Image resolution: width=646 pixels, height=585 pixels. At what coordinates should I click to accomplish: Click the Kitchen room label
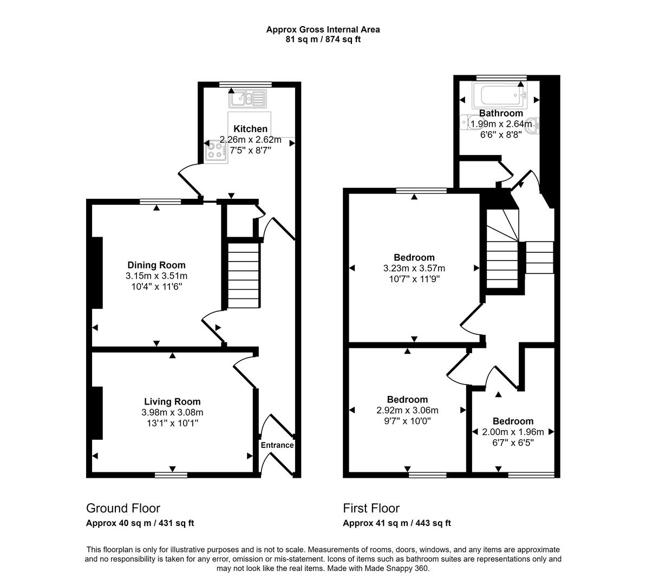pyautogui.click(x=250, y=129)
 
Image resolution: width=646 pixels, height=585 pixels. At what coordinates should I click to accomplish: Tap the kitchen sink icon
pyautogui.click(x=247, y=99)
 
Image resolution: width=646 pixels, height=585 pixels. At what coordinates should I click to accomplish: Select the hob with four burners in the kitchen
pyautogui.click(x=216, y=151)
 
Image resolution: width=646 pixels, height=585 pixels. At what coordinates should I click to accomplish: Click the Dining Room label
pyautogui.click(x=156, y=265)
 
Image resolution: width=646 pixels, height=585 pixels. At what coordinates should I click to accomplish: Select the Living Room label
pyautogui.click(x=172, y=402)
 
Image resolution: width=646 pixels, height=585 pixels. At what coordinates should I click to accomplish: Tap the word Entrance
pyautogui.click(x=277, y=445)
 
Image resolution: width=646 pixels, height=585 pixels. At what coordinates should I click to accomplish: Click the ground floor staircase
pyautogui.click(x=243, y=276)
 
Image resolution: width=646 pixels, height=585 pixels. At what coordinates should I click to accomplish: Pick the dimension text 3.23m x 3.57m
pyautogui.click(x=414, y=268)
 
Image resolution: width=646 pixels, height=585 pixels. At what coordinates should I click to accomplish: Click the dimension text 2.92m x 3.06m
pyautogui.click(x=407, y=411)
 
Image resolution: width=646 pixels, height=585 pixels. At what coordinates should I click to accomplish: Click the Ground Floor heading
pyautogui.click(x=123, y=508)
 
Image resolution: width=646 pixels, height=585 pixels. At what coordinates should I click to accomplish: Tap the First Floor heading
pyautogui.click(x=371, y=508)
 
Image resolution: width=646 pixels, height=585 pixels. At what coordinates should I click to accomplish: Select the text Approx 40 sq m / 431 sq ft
pyautogui.click(x=140, y=523)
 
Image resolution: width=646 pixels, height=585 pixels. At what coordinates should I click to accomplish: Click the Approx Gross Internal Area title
pyautogui.click(x=323, y=30)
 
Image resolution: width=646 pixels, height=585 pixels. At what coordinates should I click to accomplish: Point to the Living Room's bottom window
pyautogui.click(x=171, y=475)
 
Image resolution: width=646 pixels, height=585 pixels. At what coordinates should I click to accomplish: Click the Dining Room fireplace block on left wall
pyautogui.click(x=97, y=273)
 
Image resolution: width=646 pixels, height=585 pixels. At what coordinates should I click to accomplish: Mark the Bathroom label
pyautogui.click(x=501, y=113)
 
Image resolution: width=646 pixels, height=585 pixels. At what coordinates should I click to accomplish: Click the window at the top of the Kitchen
pyautogui.click(x=245, y=84)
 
